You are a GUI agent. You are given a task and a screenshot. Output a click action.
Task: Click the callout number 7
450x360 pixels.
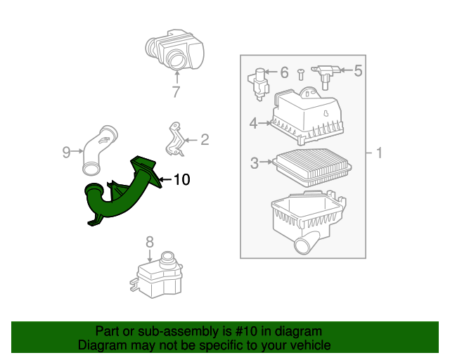pyautogui.click(x=176, y=92)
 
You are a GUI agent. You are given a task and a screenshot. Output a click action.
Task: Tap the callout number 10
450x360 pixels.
pyautogui.click(x=181, y=180)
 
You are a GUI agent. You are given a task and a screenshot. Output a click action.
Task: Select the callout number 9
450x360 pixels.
pyautogui.click(x=67, y=151)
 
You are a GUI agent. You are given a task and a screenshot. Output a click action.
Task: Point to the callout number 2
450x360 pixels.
pyautogui.click(x=205, y=140)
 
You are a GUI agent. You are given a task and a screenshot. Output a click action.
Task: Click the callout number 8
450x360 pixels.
pyautogui.click(x=149, y=242)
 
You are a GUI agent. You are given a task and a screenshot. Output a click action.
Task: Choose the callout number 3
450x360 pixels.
pyautogui.click(x=255, y=164)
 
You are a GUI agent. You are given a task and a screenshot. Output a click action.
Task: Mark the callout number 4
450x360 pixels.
pyautogui.click(x=253, y=124)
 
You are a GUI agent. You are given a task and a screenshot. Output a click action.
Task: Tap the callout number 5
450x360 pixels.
pyautogui.click(x=357, y=70)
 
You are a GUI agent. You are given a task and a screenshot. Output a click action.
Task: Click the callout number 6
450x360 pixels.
pyautogui.click(x=284, y=72)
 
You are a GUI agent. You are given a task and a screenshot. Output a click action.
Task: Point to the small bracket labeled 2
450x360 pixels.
pyautogui.click(x=175, y=139)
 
